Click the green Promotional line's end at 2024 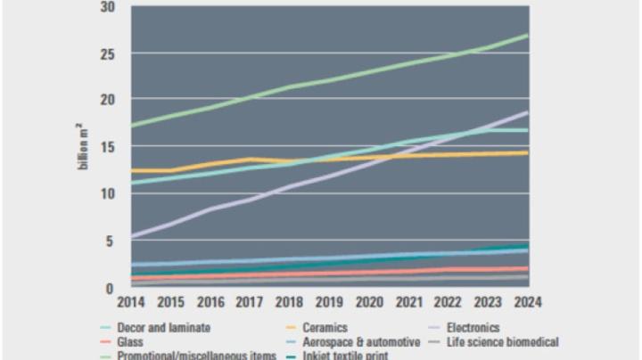[x=527, y=36]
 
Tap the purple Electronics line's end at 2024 [x=527, y=113]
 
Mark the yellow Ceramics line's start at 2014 [x=131, y=170]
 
